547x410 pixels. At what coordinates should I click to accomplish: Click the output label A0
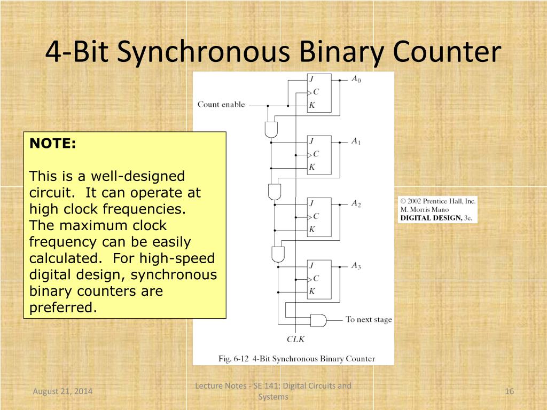pos(356,80)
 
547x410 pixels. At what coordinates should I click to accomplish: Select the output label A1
pos(356,142)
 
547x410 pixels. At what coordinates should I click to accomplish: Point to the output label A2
pos(356,204)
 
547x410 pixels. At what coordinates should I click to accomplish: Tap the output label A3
pos(356,266)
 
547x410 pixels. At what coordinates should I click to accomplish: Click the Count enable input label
pos(221,105)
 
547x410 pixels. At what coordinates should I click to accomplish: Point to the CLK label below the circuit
pos(295,339)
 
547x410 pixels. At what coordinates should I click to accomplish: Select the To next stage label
pos(369,320)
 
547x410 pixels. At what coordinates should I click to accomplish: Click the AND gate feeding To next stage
pos(318,320)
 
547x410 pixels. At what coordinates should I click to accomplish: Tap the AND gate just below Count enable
pos(271,129)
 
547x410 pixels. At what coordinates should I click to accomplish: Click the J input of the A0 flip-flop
pos(311,79)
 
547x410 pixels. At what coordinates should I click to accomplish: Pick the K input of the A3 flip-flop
pos(312,291)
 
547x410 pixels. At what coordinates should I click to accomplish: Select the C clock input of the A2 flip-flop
pos(315,216)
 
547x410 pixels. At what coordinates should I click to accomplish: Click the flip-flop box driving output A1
pos(319,155)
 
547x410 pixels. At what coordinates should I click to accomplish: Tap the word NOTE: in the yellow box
pos(53,143)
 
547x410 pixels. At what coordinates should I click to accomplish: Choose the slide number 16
pos(509,392)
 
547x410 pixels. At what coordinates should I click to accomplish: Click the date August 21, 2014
pos(62,392)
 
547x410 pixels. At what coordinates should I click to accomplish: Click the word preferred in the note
pos(63,308)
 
